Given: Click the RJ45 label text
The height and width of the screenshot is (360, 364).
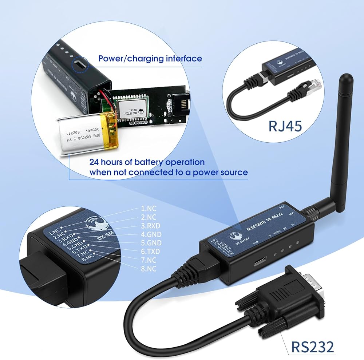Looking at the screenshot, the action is (285, 126).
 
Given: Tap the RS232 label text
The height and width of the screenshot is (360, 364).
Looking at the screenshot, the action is (312, 346).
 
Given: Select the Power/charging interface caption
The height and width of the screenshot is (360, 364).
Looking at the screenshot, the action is (150, 58).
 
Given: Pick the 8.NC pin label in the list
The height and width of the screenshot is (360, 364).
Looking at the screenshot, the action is (149, 269).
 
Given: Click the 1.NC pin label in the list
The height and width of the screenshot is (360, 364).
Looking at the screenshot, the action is (149, 209).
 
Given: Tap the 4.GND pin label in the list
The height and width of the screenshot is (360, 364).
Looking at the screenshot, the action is (151, 234).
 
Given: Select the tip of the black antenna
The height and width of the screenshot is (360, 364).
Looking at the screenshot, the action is (347, 78).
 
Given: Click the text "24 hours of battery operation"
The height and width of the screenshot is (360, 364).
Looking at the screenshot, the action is (147, 162).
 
